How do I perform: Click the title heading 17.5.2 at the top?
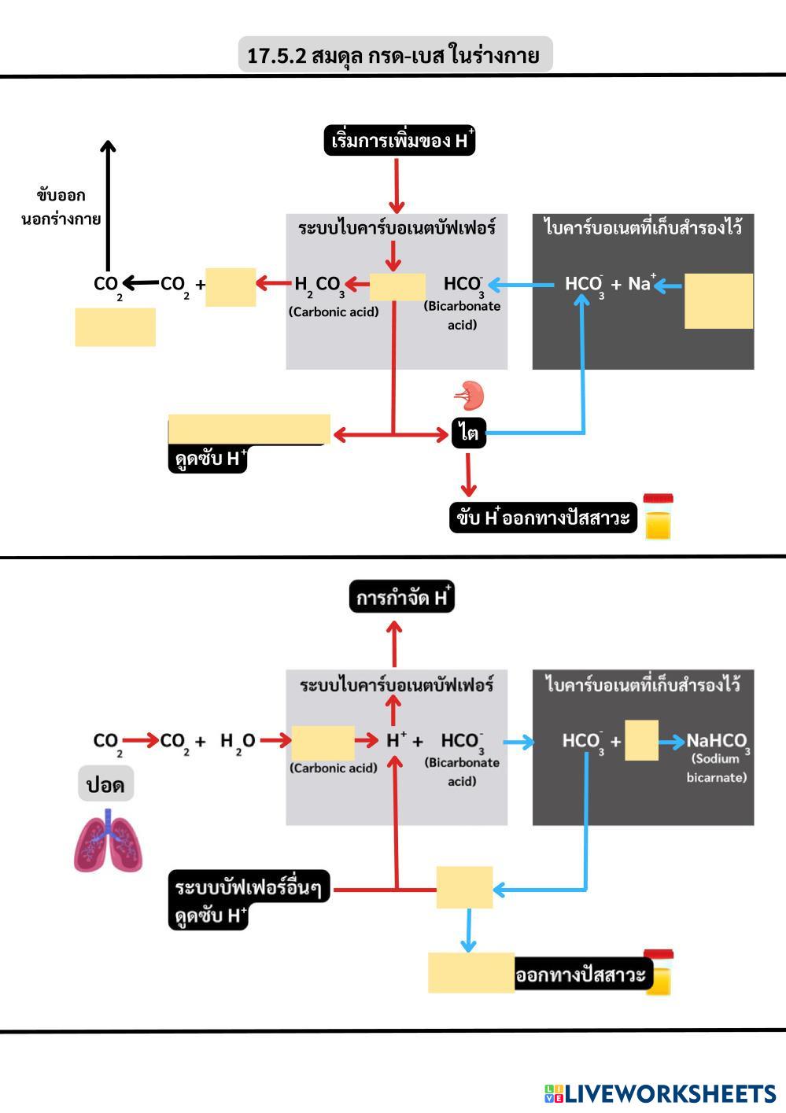coord(394,55)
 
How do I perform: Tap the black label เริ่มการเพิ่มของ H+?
coord(400,141)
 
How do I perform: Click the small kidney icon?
coord(469,396)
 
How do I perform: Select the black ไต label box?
coord(469,433)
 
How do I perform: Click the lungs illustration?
coord(108,842)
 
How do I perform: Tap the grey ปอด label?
coord(105,784)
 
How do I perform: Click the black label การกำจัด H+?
coord(402,598)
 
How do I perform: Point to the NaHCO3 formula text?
coord(717,741)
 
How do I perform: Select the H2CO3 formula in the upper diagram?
coord(319,285)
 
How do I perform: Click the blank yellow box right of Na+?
coord(718,300)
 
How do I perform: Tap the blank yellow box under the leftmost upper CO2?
coord(115,326)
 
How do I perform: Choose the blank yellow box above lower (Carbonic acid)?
coord(323,742)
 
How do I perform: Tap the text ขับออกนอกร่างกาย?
coord(61,207)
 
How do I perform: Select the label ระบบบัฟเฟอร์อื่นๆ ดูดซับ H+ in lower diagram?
coord(249,900)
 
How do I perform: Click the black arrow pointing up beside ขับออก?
coord(108,205)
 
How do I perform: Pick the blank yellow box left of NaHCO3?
coord(641,740)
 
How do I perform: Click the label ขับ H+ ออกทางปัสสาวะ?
coord(543,518)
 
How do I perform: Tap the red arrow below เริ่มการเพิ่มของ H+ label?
coord(396,186)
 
